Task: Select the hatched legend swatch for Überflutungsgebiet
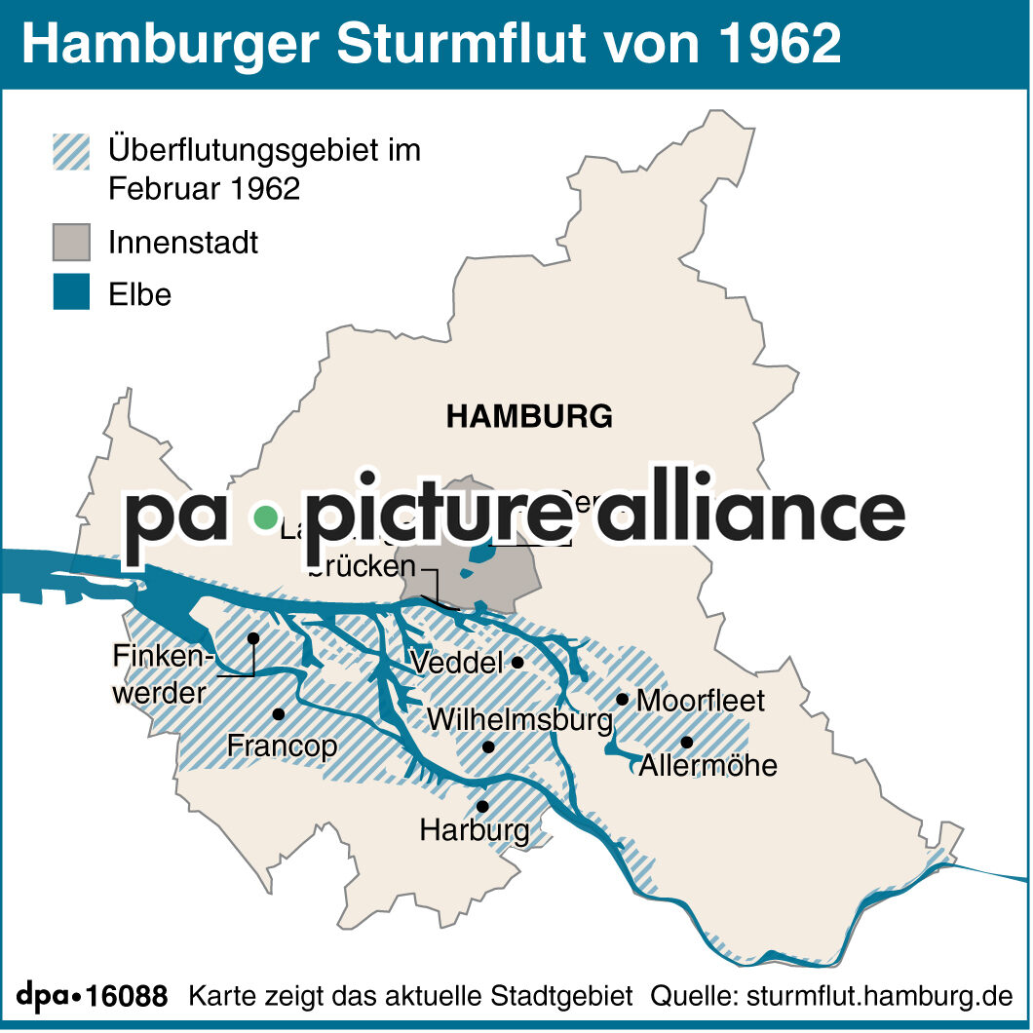[x=71, y=152]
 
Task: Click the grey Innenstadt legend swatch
[x=71, y=242]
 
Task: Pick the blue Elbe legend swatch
[x=71, y=293]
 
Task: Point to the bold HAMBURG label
[x=529, y=417]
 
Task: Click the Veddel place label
[x=456, y=664]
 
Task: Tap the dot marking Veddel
[x=518, y=663]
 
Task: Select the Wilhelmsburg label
[x=519, y=721]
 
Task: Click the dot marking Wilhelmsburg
[x=489, y=747]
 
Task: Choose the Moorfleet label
[x=701, y=700]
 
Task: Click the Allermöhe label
[x=708, y=765]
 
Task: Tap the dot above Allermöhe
[x=687, y=742]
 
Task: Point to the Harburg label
[x=475, y=831]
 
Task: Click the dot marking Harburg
[x=482, y=807]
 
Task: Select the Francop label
[x=282, y=746]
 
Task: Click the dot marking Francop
[x=279, y=714]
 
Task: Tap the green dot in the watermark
[x=264, y=517]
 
